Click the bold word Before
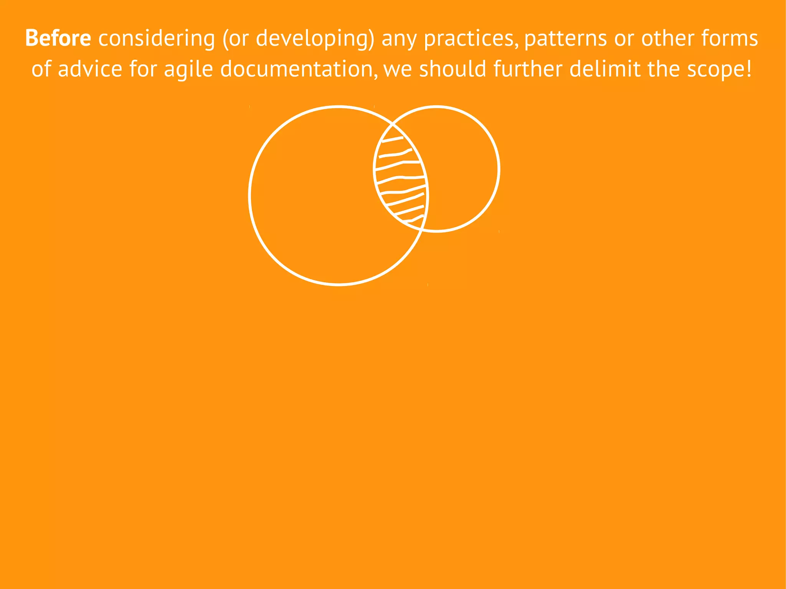pos(58,38)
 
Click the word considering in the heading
pos(157,38)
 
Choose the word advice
pos(90,69)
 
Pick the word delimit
pos(605,69)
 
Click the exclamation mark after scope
pos(748,69)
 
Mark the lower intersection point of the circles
pos(421,229)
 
